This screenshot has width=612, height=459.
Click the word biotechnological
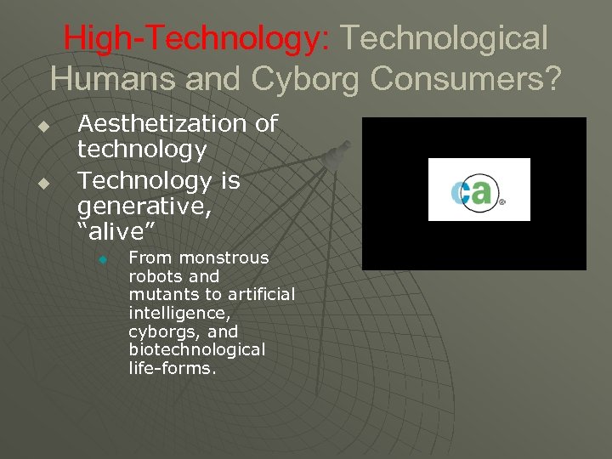pyautogui.click(x=197, y=350)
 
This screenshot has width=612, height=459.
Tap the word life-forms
pyautogui.click(x=173, y=369)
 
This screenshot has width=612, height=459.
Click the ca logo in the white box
pyautogui.click(x=474, y=190)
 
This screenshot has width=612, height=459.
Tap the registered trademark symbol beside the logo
pyautogui.click(x=501, y=202)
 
